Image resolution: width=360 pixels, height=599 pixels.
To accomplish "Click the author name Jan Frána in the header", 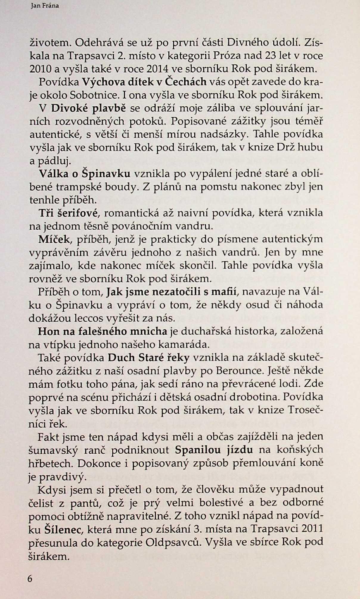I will click(x=45, y=6).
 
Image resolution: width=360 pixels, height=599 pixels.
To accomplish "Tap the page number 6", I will click(x=30, y=578).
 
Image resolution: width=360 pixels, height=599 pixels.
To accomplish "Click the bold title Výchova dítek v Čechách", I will click(x=144, y=82).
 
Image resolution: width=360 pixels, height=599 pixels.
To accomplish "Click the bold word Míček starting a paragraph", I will click(x=54, y=239).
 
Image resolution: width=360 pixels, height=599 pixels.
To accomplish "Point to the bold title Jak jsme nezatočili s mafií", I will click(x=172, y=292).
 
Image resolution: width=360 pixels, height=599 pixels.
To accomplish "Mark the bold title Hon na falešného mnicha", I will click(x=103, y=331).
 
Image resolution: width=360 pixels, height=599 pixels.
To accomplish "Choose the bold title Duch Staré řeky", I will click(x=149, y=357).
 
